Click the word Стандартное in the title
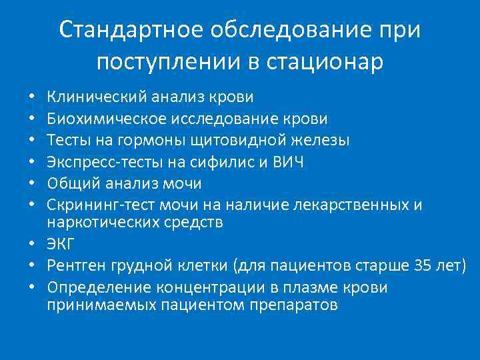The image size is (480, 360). [x=131, y=31]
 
